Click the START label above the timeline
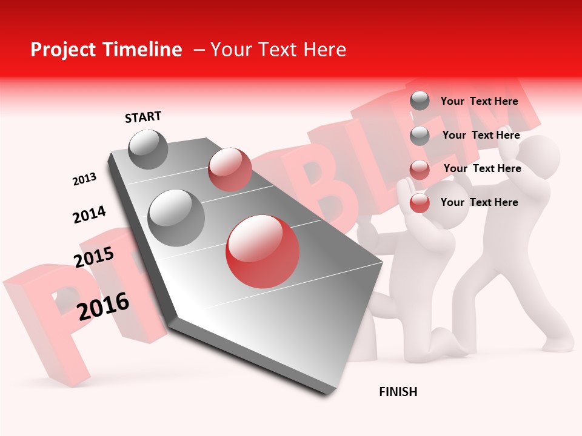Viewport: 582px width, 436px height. pos(143,117)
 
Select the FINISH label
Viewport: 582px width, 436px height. pos(398,392)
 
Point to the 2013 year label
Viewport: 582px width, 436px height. pos(84,179)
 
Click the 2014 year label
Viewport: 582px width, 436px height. pos(89,214)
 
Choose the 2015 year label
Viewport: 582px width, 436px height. pos(94,257)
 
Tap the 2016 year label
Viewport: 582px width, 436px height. pos(103,306)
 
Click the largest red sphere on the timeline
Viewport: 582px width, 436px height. pos(262,251)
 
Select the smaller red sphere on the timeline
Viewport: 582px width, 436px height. pos(230,169)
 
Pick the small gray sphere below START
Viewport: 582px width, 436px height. pos(149,150)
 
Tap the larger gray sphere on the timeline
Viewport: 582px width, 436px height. pos(176,217)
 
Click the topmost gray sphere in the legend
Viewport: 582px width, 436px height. pos(420,101)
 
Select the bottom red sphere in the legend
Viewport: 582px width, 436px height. pos(420,203)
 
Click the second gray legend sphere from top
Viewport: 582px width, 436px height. pos(420,135)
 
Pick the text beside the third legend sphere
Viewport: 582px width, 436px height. pos(482,168)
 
